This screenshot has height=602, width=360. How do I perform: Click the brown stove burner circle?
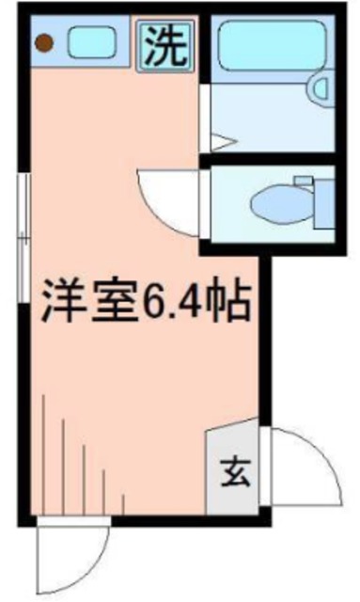pos(43,41)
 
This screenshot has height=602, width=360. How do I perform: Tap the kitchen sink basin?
pos(92,41)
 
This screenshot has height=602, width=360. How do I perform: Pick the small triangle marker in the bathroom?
pos(219,142)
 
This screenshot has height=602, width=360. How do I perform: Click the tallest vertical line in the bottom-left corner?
pos(44,451)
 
